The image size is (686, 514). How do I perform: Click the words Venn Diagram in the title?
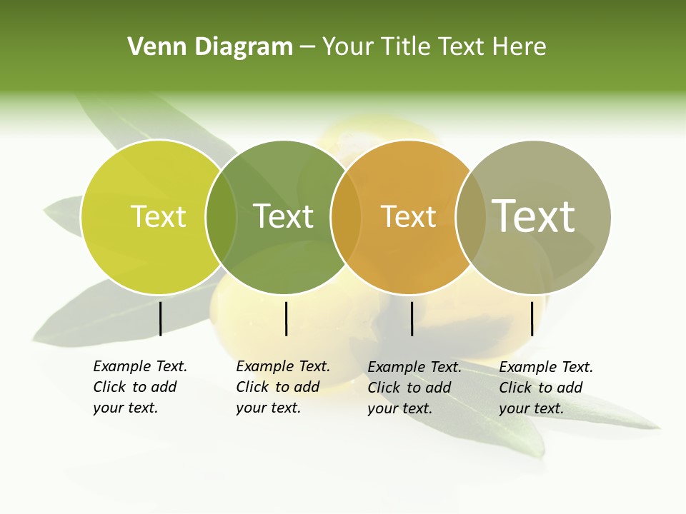[210, 47]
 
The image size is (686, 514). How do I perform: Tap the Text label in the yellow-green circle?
[158, 216]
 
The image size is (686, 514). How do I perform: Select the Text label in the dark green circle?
[283, 216]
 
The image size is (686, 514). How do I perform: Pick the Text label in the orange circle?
[408, 216]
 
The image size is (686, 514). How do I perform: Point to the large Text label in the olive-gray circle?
[534, 216]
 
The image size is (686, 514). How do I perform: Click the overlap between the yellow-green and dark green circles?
[221, 217]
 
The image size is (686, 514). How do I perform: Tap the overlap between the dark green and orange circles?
[346, 217]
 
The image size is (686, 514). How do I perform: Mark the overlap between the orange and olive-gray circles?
[470, 217]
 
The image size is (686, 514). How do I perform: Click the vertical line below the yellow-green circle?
[160, 318]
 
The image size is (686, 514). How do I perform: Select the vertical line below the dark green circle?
[286, 318]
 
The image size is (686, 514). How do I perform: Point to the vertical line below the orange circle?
[412, 318]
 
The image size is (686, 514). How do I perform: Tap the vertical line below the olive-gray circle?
[532, 318]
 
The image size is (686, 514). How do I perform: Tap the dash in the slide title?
[307, 47]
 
